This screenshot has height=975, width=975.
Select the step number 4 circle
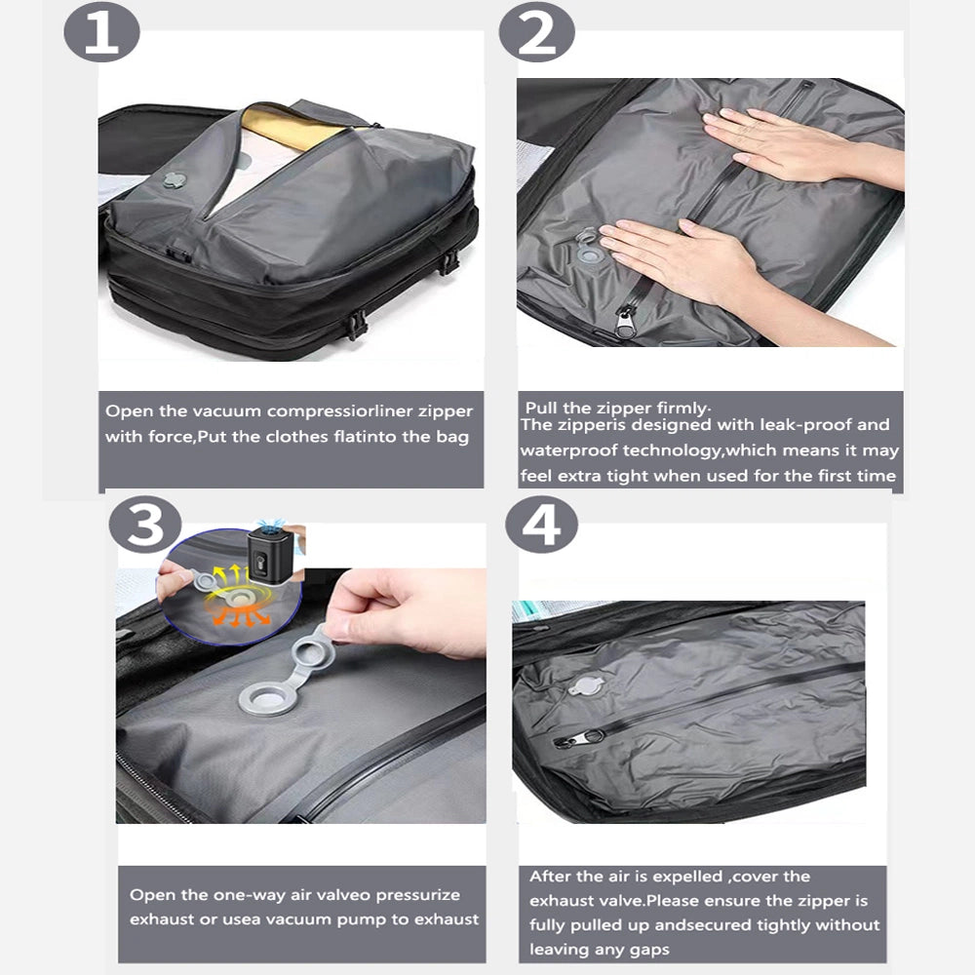point(541,527)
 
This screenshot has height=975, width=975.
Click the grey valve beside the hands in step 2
point(588,250)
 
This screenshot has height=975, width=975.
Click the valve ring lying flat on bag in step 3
point(264,699)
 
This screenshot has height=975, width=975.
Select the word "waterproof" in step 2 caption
point(570,450)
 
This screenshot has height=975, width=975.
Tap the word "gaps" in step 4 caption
point(645,949)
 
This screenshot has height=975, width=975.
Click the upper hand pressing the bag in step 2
point(790,141)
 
